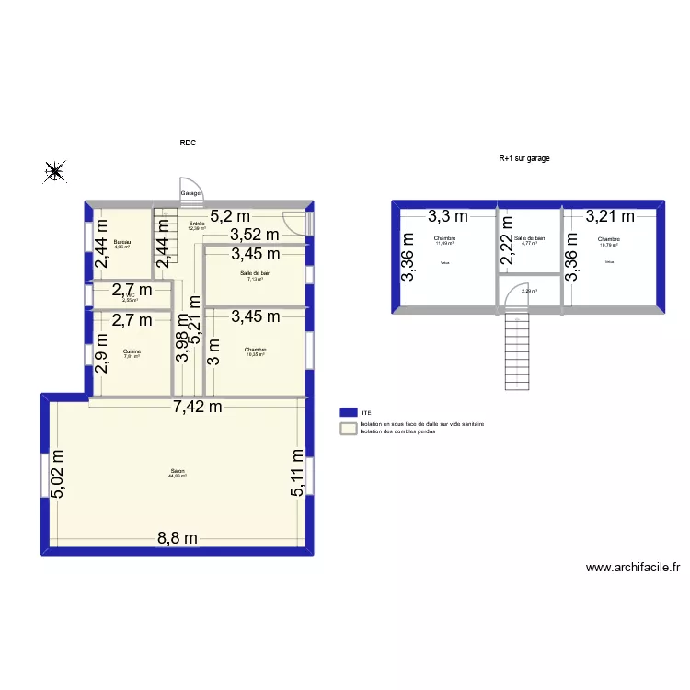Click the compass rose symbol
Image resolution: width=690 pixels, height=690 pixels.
[x=55, y=170]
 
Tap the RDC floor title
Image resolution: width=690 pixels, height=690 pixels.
[x=188, y=143]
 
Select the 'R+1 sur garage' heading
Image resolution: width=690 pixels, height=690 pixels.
[x=524, y=158]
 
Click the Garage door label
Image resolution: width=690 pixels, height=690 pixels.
[x=190, y=194]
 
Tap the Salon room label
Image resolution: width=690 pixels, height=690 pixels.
[x=178, y=472]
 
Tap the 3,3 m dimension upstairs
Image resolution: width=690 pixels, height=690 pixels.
[x=447, y=217]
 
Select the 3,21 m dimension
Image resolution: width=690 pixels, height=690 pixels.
[x=610, y=217]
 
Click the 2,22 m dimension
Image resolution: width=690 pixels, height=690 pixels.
[x=507, y=249]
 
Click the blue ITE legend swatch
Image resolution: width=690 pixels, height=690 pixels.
[x=349, y=413]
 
